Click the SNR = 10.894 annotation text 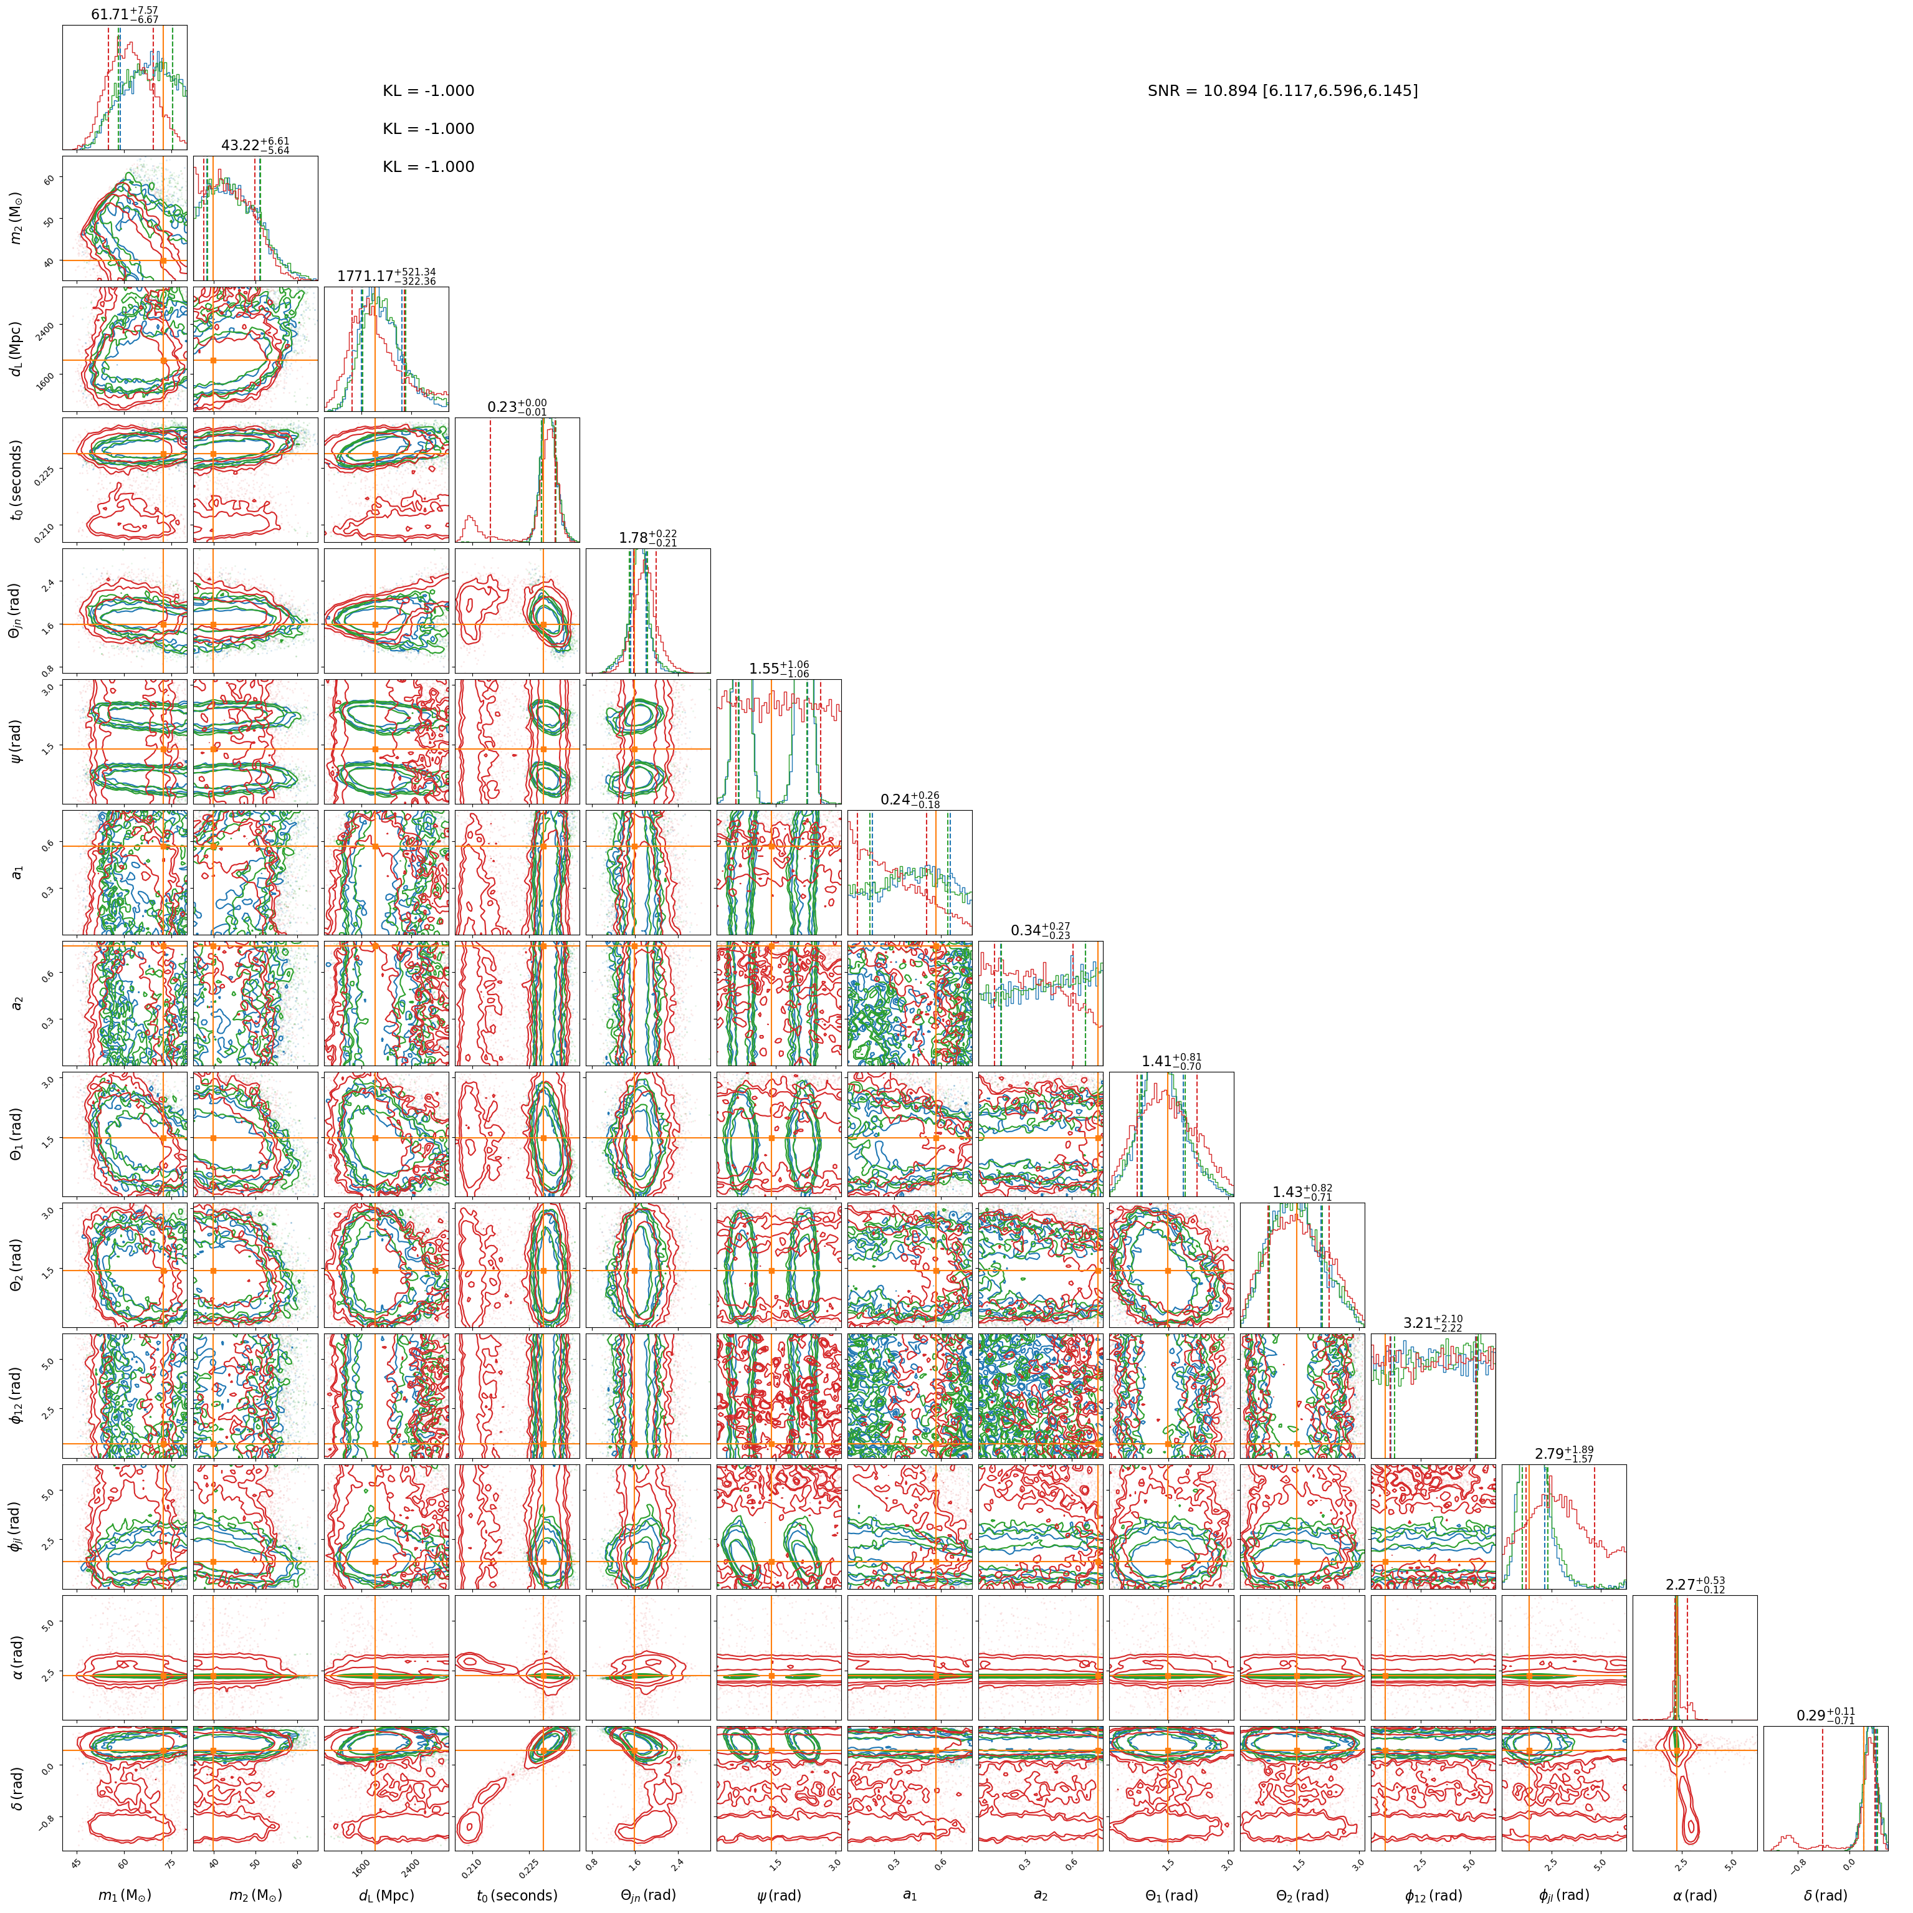[1282, 91]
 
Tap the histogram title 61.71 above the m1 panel [125, 15]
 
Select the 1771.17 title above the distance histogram [386, 276]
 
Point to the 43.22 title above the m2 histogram [255, 146]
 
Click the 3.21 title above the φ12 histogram [1433, 1323]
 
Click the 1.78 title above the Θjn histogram [647, 538]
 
